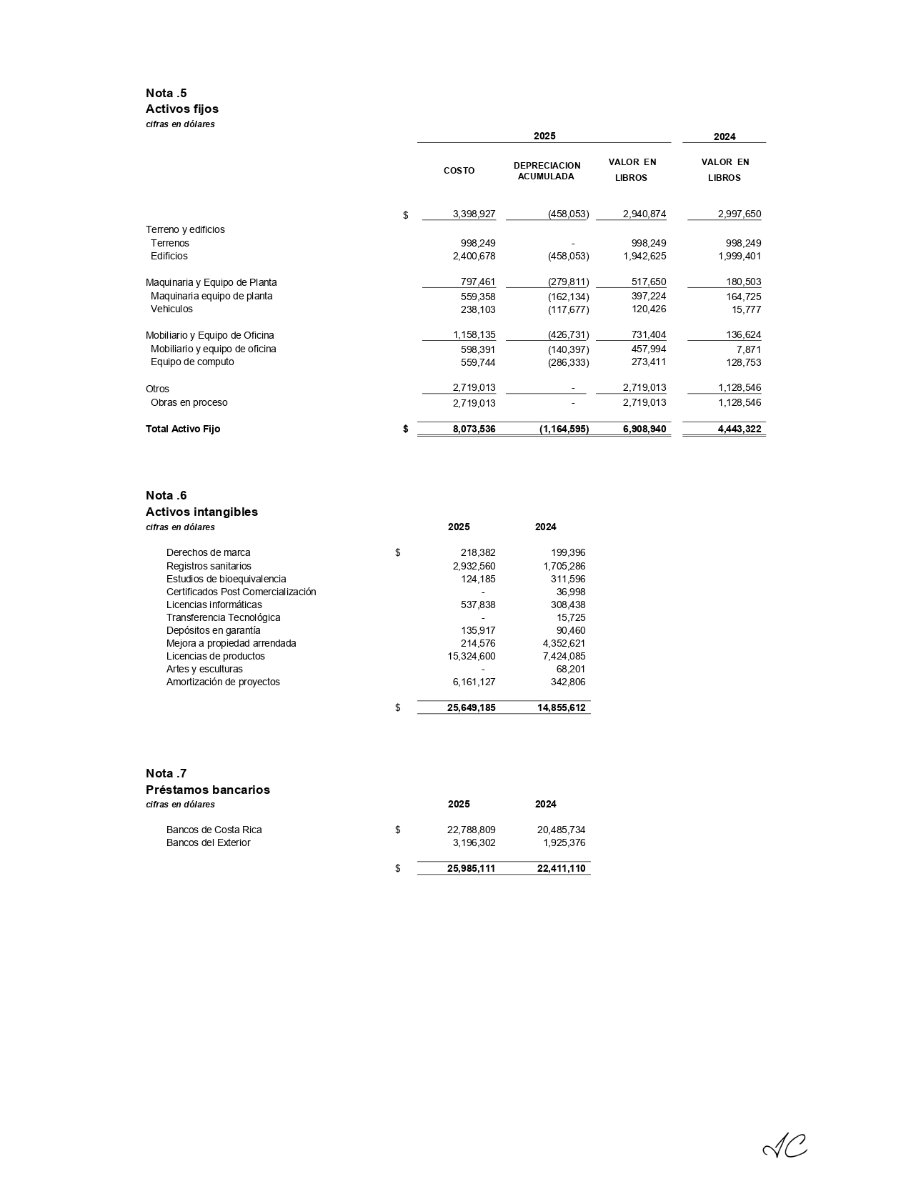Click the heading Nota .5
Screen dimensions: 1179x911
coord(166,93)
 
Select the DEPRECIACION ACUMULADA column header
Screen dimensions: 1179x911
coord(547,171)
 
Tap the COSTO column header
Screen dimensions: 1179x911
coord(459,171)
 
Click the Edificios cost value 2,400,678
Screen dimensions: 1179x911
coord(474,256)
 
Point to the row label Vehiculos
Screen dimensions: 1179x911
coord(171,309)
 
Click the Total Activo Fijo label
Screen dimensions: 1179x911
coord(183,429)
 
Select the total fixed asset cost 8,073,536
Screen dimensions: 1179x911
coord(474,429)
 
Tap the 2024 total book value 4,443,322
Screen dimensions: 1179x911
coord(739,429)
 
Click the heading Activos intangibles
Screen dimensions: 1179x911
coord(201,512)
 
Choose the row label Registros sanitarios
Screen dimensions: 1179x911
coord(209,566)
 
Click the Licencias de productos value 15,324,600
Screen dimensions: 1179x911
coord(469,656)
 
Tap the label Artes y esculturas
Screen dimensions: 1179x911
coord(204,669)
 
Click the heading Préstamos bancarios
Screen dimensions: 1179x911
coord(207,790)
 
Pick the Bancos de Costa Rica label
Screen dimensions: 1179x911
coord(214,830)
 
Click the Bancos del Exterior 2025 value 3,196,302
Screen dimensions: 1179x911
coord(474,842)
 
